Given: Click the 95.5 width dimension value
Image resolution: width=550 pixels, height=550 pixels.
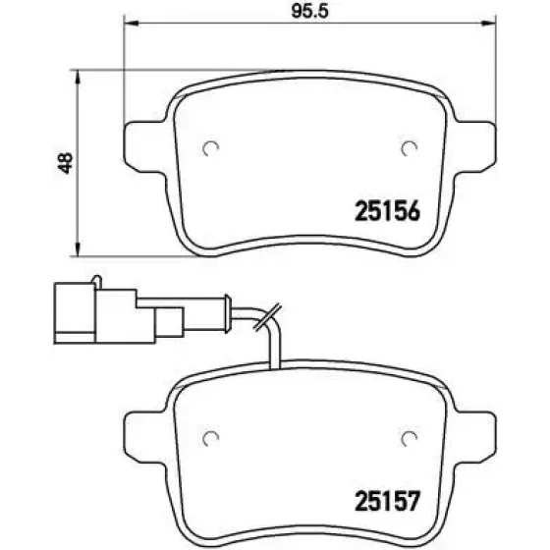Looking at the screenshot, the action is (x=310, y=11).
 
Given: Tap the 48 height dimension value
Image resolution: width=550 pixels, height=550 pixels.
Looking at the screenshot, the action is (x=66, y=163).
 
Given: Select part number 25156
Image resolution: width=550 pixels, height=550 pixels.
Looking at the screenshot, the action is (x=387, y=211).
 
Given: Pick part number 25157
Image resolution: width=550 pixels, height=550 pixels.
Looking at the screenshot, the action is (x=387, y=501).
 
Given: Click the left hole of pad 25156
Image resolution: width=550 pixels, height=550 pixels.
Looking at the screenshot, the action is (x=211, y=148).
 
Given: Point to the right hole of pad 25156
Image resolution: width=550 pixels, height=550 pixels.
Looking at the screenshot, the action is (x=409, y=148).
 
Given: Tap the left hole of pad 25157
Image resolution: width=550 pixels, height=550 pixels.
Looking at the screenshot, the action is (x=211, y=438).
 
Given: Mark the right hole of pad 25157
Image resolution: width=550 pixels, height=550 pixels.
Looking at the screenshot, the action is (x=409, y=438).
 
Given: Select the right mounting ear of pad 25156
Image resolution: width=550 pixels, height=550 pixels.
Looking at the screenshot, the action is (x=475, y=147).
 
